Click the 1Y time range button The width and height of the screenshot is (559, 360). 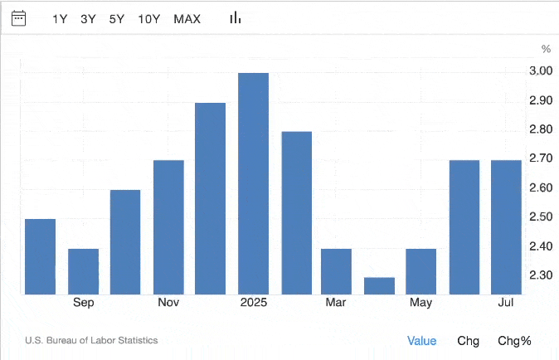click(60, 18)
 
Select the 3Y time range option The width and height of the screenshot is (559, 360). click(88, 18)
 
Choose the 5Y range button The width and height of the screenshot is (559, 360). click(117, 18)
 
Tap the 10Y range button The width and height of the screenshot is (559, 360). click(149, 18)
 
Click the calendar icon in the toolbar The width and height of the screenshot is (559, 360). click(18, 17)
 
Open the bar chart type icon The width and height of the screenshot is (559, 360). click(236, 17)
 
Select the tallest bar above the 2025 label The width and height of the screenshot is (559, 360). click(253, 183)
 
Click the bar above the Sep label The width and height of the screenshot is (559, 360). click(83, 271)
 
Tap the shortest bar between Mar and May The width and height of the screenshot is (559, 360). click(380, 285)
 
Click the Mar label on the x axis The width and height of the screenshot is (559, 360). click(336, 303)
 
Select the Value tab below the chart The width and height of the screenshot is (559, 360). click(421, 340)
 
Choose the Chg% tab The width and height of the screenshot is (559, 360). click(514, 340)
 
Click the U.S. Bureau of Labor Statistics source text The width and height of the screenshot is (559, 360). click(91, 340)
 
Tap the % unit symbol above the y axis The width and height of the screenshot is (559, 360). click(546, 49)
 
